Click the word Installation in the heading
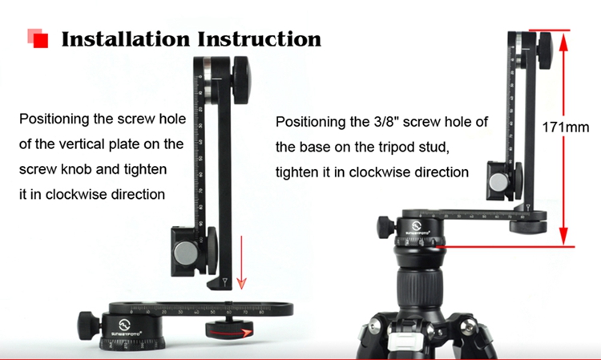point(126,39)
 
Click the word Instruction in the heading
point(260,39)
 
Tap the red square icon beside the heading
point(38,38)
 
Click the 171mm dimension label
point(566,127)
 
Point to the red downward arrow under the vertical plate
point(241,262)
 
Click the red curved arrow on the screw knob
point(230,333)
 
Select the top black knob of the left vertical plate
point(241,81)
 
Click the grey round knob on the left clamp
point(186,253)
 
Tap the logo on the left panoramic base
point(124,325)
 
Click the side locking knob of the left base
point(86,326)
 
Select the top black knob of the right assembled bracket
point(545,51)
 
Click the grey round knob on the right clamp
point(498,181)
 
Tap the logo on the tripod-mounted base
point(417,225)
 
